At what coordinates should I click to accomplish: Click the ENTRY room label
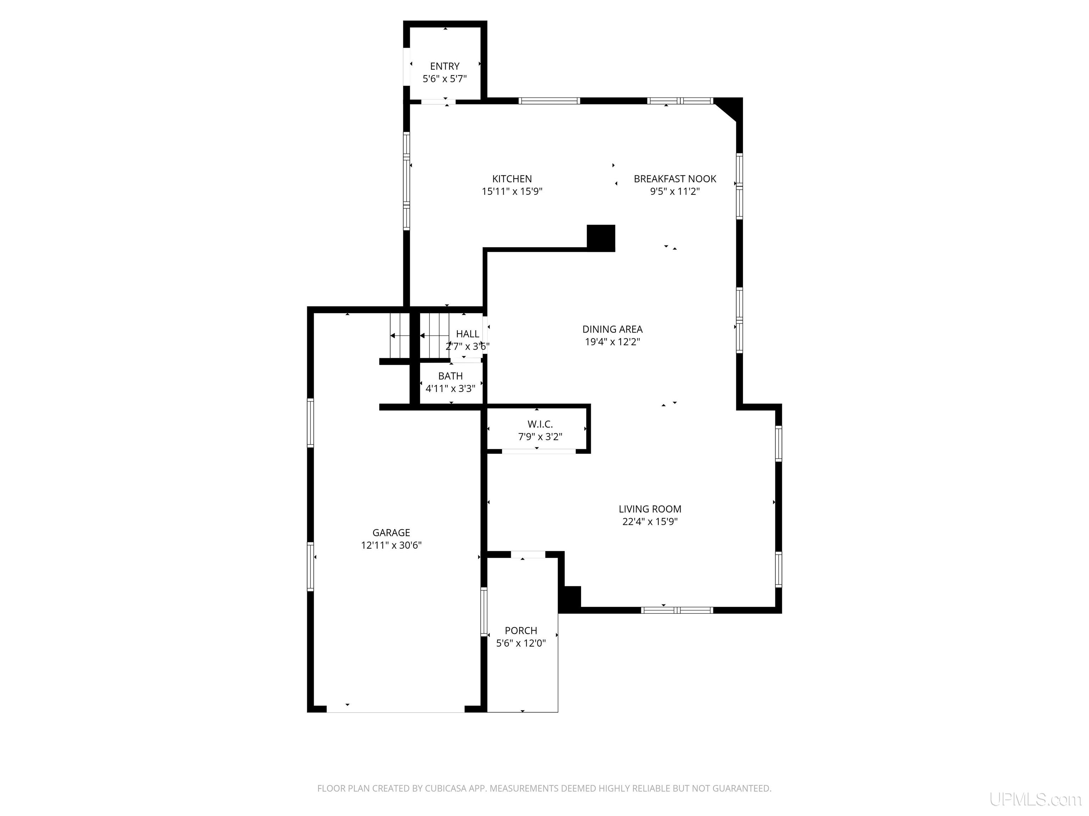pos(445,66)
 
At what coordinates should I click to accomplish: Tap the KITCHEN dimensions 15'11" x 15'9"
pos(512,191)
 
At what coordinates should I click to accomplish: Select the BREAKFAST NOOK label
pos(675,179)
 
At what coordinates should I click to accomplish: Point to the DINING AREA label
pos(613,329)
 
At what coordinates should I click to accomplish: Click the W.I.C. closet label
pos(540,424)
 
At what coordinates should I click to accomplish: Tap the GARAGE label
pos(391,533)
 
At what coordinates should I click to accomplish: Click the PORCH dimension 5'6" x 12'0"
pos(521,644)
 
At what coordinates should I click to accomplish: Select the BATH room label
pos(451,376)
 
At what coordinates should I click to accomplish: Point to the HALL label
pos(467,334)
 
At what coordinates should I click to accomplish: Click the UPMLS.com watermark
pos(1035,799)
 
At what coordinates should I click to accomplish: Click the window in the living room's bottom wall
pos(677,610)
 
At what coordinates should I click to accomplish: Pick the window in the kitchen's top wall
pos(549,101)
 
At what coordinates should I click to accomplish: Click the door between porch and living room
pos(528,554)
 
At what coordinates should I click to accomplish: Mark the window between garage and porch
pos(484,612)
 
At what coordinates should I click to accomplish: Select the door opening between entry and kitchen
pos(438,102)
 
